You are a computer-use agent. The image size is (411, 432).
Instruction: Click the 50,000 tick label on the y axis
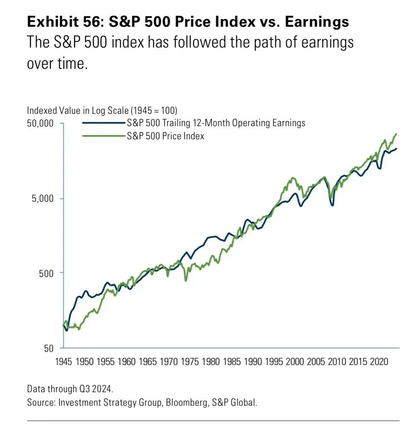41,124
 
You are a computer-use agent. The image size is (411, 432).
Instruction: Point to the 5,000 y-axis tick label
43,199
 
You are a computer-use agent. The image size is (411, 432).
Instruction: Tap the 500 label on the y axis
47,273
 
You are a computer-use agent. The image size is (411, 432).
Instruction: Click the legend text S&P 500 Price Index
165,136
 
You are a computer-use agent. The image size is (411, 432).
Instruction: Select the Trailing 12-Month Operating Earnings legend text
216,123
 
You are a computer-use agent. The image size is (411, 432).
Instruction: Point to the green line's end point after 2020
396,134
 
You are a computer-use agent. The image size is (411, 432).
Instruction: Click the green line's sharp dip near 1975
186,280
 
